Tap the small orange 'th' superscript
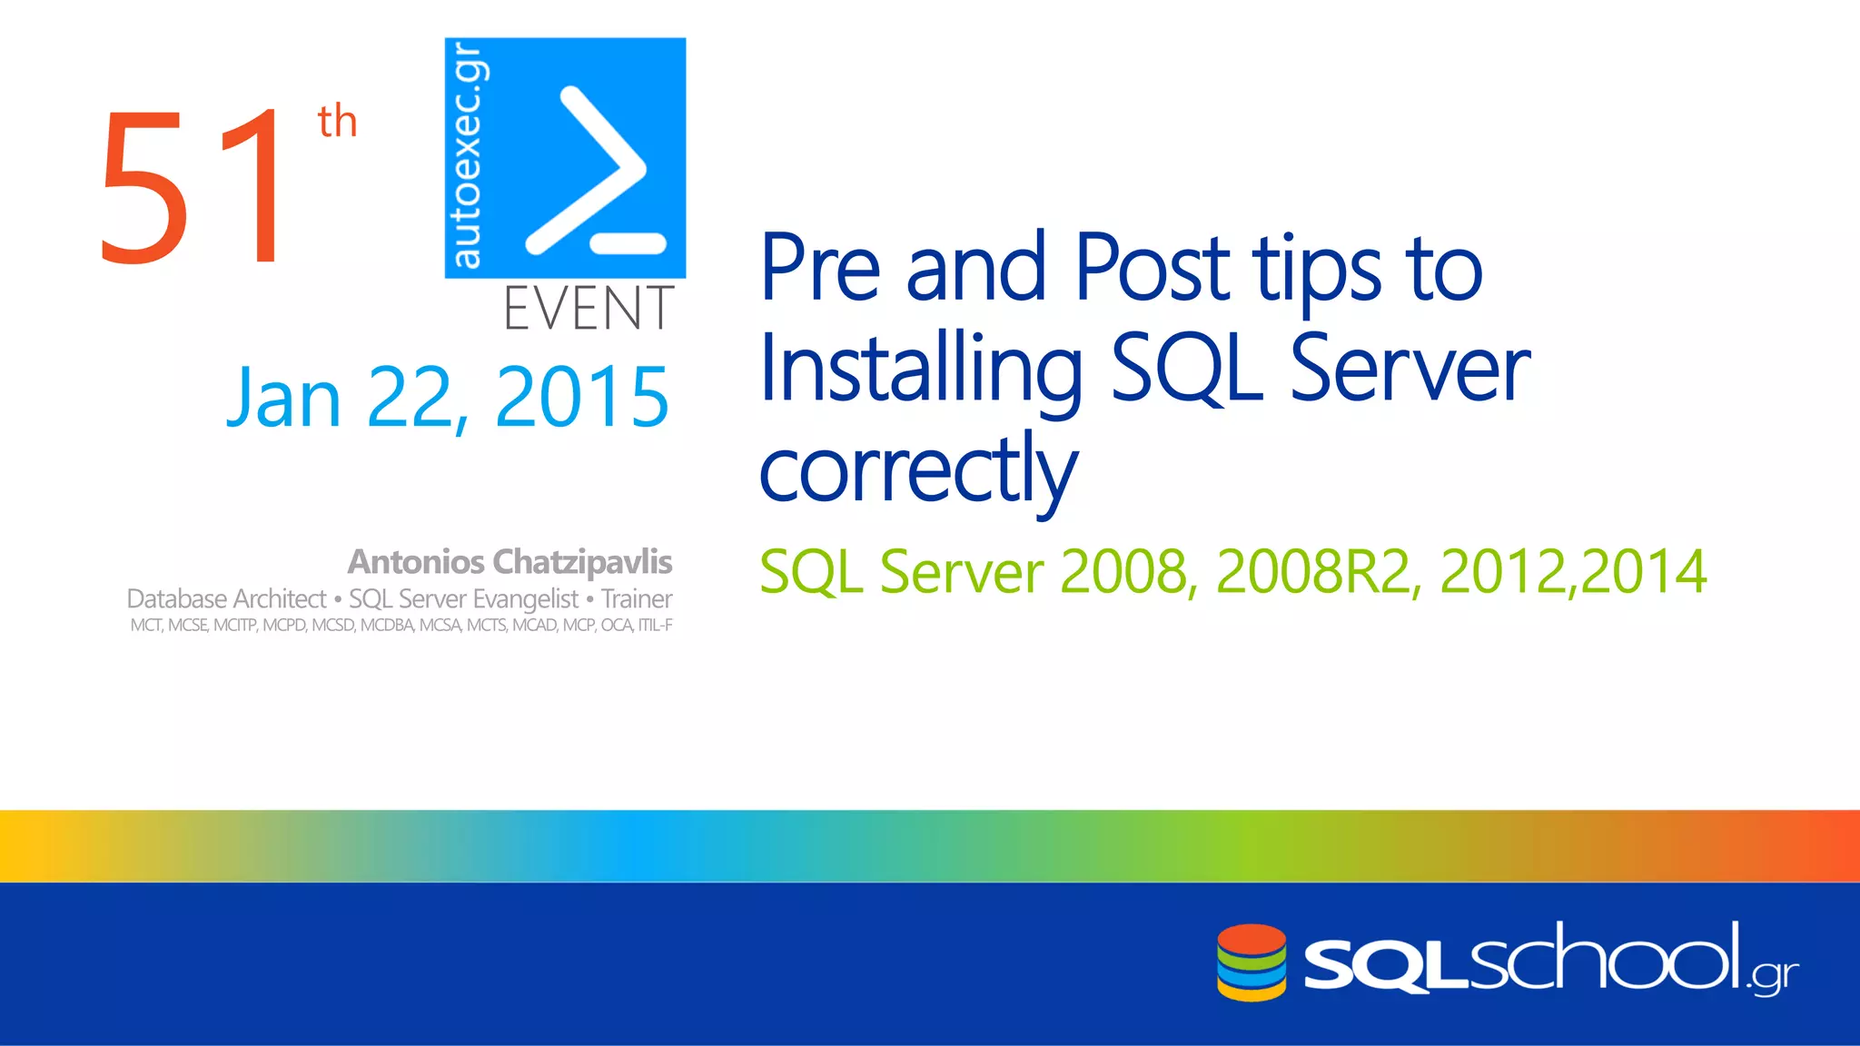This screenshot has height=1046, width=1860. point(337,122)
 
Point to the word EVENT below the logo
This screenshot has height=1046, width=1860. point(589,309)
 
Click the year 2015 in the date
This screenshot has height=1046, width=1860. point(582,397)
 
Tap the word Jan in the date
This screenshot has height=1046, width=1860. point(283,397)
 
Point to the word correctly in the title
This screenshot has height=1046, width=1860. point(917,470)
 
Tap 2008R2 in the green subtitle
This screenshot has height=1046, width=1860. point(1312,572)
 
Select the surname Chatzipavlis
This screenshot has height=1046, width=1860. point(582,562)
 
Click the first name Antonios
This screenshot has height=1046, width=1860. point(416,562)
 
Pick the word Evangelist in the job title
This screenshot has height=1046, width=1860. point(525,599)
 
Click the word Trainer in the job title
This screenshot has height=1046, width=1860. point(637,599)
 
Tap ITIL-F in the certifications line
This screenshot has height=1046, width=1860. point(655,626)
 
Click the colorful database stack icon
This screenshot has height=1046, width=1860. point(1252,962)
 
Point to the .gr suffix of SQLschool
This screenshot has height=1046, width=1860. point(1775,977)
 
